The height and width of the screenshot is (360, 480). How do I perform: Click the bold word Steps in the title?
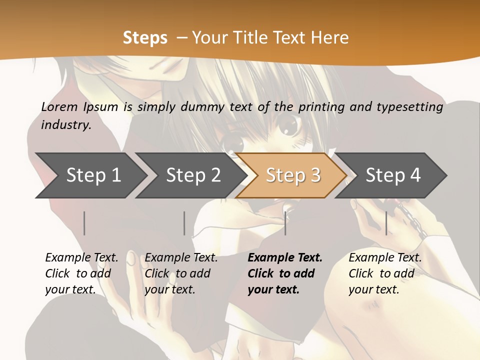coord(145,38)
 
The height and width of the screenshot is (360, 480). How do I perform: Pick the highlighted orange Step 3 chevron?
coord(293,175)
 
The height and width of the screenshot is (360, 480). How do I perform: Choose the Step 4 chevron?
coord(393,175)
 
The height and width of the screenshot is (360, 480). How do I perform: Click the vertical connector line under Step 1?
coord(84,223)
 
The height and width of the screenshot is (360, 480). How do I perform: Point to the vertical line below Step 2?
coord(184,223)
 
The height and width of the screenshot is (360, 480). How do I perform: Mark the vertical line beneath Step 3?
coord(285,223)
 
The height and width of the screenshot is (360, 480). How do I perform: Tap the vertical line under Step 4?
coord(386,223)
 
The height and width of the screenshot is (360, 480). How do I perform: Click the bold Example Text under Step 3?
coord(285,258)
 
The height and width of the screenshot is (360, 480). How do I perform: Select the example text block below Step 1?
coord(81,273)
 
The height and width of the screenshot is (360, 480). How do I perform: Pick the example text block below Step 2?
coord(181,273)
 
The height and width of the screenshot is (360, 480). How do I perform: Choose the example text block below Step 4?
coord(385,273)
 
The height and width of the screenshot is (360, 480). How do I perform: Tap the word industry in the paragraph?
coord(65,125)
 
